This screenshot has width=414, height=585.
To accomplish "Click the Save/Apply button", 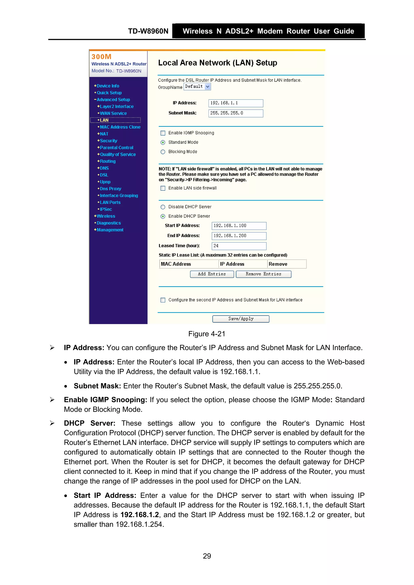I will pos(241,319).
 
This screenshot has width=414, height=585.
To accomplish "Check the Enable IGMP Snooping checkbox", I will pos(163,133).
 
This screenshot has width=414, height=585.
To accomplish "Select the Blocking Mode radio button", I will pos(163,152).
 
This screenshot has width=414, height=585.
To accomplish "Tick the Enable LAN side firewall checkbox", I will pos(163,188).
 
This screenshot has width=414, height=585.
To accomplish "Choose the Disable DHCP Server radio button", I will pos(163,207).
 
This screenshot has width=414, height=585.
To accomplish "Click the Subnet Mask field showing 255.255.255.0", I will pos(236,113).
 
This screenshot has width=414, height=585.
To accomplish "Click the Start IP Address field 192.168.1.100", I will pos(239,226).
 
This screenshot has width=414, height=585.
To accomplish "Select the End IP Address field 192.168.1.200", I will pos(239,236).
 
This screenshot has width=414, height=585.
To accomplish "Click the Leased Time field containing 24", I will pos(239,246).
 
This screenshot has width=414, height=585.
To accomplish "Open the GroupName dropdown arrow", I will pos(208,87).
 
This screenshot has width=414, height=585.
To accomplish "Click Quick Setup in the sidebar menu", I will pos(109,93).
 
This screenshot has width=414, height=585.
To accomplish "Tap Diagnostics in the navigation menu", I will pos(109,223).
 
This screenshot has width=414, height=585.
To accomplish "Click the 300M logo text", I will pos(101,57).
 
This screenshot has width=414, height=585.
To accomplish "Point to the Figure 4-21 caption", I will pos(207,334).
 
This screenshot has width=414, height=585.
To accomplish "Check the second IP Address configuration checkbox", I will pos(163,300).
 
